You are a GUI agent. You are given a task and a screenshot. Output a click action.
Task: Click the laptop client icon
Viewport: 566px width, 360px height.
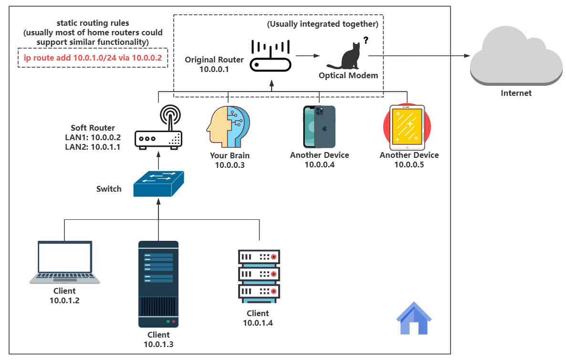coord(65,262)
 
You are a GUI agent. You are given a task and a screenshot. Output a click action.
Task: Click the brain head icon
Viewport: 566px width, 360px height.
coord(228,126)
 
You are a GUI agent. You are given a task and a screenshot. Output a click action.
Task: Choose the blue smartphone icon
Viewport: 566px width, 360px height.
coord(319,126)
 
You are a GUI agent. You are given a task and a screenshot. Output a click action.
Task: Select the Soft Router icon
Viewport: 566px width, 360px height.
coord(158,128)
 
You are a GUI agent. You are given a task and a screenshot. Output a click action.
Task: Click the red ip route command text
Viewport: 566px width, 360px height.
coord(93,58)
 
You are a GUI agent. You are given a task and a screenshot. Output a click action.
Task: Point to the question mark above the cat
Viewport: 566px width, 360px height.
coord(366,41)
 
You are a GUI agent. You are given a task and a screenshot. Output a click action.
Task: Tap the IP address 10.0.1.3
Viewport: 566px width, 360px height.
coord(158,344)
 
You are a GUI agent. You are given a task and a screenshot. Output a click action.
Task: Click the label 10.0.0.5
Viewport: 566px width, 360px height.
coord(409,165)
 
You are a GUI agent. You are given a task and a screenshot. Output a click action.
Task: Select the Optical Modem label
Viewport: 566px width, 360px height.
coord(348,75)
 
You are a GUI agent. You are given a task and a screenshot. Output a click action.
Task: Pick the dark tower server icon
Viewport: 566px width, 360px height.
coord(158,284)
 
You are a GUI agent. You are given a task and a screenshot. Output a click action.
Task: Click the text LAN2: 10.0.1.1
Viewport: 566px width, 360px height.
coord(93,147)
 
